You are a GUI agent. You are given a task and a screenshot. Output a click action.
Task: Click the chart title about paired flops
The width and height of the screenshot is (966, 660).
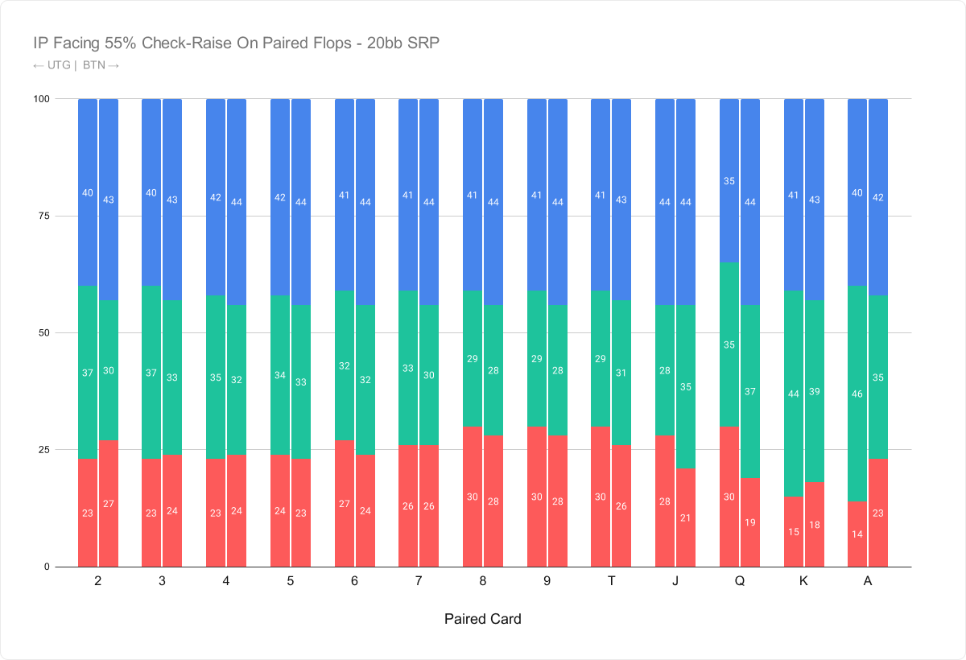[x=237, y=43]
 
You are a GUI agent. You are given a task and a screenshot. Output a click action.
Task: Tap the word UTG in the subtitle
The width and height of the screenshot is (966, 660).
[x=59, y=65]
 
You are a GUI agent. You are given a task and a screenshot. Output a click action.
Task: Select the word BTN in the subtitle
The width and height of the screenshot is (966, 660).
[x=94, y=65]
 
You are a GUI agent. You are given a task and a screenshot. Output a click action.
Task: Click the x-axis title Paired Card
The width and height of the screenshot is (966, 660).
[x=482, y=619]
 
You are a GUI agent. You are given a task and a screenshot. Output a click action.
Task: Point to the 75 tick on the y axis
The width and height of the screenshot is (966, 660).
[x=44, y=216]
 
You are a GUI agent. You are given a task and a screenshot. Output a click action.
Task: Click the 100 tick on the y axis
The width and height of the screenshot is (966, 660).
[x=41, y=99]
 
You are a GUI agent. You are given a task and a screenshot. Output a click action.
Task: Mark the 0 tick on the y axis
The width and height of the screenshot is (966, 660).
[x=47, y=567]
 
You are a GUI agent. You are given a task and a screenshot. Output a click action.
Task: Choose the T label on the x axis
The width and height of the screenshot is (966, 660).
[x=611, y=581]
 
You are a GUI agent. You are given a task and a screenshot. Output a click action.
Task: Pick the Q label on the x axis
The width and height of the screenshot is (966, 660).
[x=740, y=581]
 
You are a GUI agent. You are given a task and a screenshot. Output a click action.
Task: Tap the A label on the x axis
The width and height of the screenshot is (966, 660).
[x=868, y=581]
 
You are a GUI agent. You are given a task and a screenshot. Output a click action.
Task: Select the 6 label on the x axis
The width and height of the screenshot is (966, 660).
[x=354, y=581]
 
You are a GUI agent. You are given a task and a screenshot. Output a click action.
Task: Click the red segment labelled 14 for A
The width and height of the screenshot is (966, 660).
[x=857, y=534]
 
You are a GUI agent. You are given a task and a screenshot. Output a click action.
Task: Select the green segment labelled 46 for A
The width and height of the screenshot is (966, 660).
[x=857, y=394]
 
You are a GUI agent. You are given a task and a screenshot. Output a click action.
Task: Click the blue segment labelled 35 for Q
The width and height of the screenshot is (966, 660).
[x=729, y=180]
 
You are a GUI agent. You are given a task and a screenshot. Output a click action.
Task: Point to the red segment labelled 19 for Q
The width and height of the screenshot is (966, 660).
[x=750, y=522]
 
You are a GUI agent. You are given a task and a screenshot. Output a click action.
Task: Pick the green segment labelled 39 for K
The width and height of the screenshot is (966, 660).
[x=814, y=391]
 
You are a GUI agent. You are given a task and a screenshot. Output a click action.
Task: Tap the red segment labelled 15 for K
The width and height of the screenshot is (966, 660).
[x=794, y=531]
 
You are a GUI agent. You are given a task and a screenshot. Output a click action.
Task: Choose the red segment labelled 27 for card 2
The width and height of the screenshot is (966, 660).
[x=109, y=504]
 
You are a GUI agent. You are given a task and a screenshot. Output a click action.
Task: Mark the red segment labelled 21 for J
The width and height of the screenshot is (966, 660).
[x=686, y=518]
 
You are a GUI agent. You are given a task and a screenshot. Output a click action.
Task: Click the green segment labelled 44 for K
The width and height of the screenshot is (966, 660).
[x=794, y=394]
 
